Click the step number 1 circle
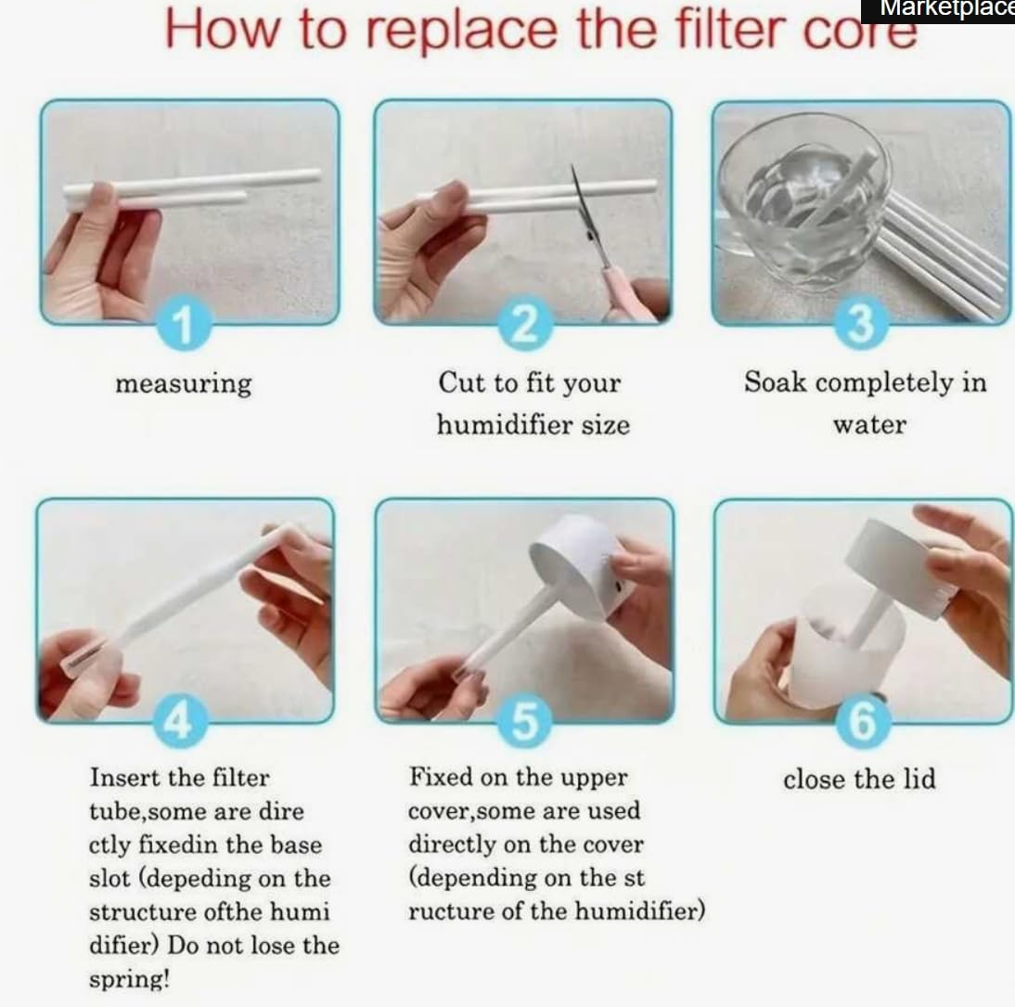[x=185, y=322]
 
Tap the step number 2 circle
[x=525, y=322]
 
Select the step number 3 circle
[x=861, y=322]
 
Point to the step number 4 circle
[x=180, y=721]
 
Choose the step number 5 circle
[x=525, y=721]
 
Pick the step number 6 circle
[x=863, y=721]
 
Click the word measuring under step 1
[x=183, y=384]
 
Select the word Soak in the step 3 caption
[x=775, y=381]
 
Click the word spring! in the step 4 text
[x=129, y=979]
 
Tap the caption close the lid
[x=859, y=779]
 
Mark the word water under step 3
[x=869, y=425]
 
